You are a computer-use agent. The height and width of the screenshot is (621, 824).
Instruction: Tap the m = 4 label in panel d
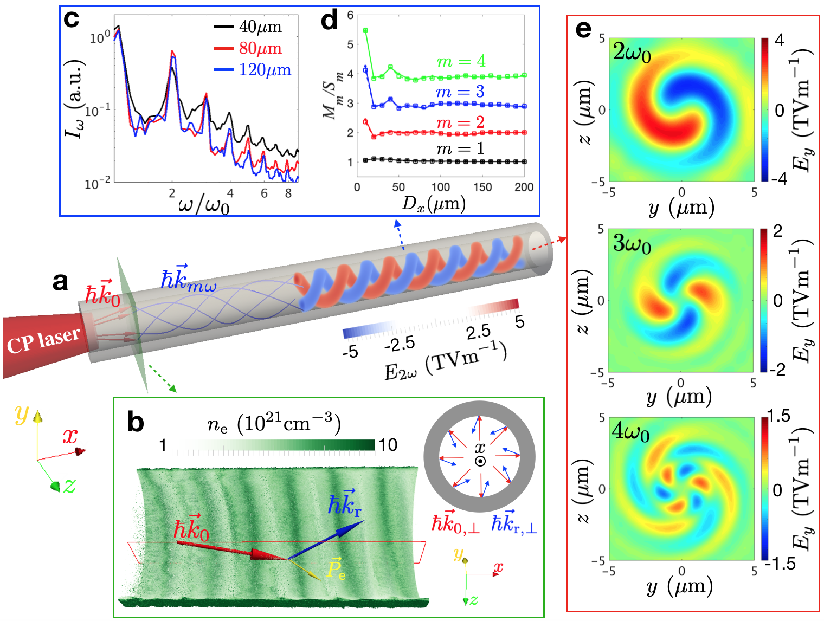pos(461,62)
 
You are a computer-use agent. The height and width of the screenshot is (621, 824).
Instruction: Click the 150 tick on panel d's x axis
pos(482,187)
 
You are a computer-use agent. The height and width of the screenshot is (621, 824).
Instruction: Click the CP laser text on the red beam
pos(43,340)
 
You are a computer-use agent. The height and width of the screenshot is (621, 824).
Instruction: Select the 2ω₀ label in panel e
pos(632,53)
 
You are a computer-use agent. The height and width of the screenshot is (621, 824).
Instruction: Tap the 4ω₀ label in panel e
pos(630,432)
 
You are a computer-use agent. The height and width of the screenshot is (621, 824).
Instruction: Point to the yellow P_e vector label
pos(336,568)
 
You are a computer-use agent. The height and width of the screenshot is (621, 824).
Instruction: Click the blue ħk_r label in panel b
pos(345,503)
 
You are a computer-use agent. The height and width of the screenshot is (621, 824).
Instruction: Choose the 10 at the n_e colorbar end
pos(388,445)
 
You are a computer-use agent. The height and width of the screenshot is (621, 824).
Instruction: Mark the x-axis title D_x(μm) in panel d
pos(434,204)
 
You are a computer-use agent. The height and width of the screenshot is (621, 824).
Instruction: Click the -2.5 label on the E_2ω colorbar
pos(400,344)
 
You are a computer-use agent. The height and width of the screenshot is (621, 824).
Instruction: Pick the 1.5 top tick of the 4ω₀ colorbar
pos(779,416)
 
